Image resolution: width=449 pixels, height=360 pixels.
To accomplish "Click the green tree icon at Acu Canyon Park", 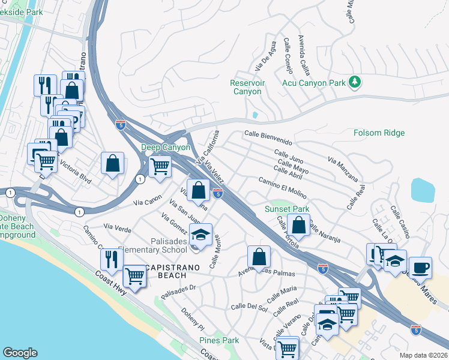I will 355,82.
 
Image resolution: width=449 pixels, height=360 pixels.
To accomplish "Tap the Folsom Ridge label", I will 379,133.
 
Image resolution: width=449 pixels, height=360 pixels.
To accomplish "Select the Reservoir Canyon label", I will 246,88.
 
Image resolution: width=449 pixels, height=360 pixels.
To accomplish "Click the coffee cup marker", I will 420,267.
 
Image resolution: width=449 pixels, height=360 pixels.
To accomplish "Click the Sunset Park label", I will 287,209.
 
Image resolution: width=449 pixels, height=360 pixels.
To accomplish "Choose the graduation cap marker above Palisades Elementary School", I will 202,234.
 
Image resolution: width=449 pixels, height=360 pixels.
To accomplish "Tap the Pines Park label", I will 219,340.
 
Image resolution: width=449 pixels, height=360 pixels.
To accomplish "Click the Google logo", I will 20,353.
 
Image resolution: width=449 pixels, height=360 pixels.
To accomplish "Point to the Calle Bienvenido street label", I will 268,138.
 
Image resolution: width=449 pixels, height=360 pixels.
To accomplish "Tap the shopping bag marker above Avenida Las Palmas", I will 259,257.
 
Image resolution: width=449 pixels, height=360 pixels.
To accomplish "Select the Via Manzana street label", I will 343,170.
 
